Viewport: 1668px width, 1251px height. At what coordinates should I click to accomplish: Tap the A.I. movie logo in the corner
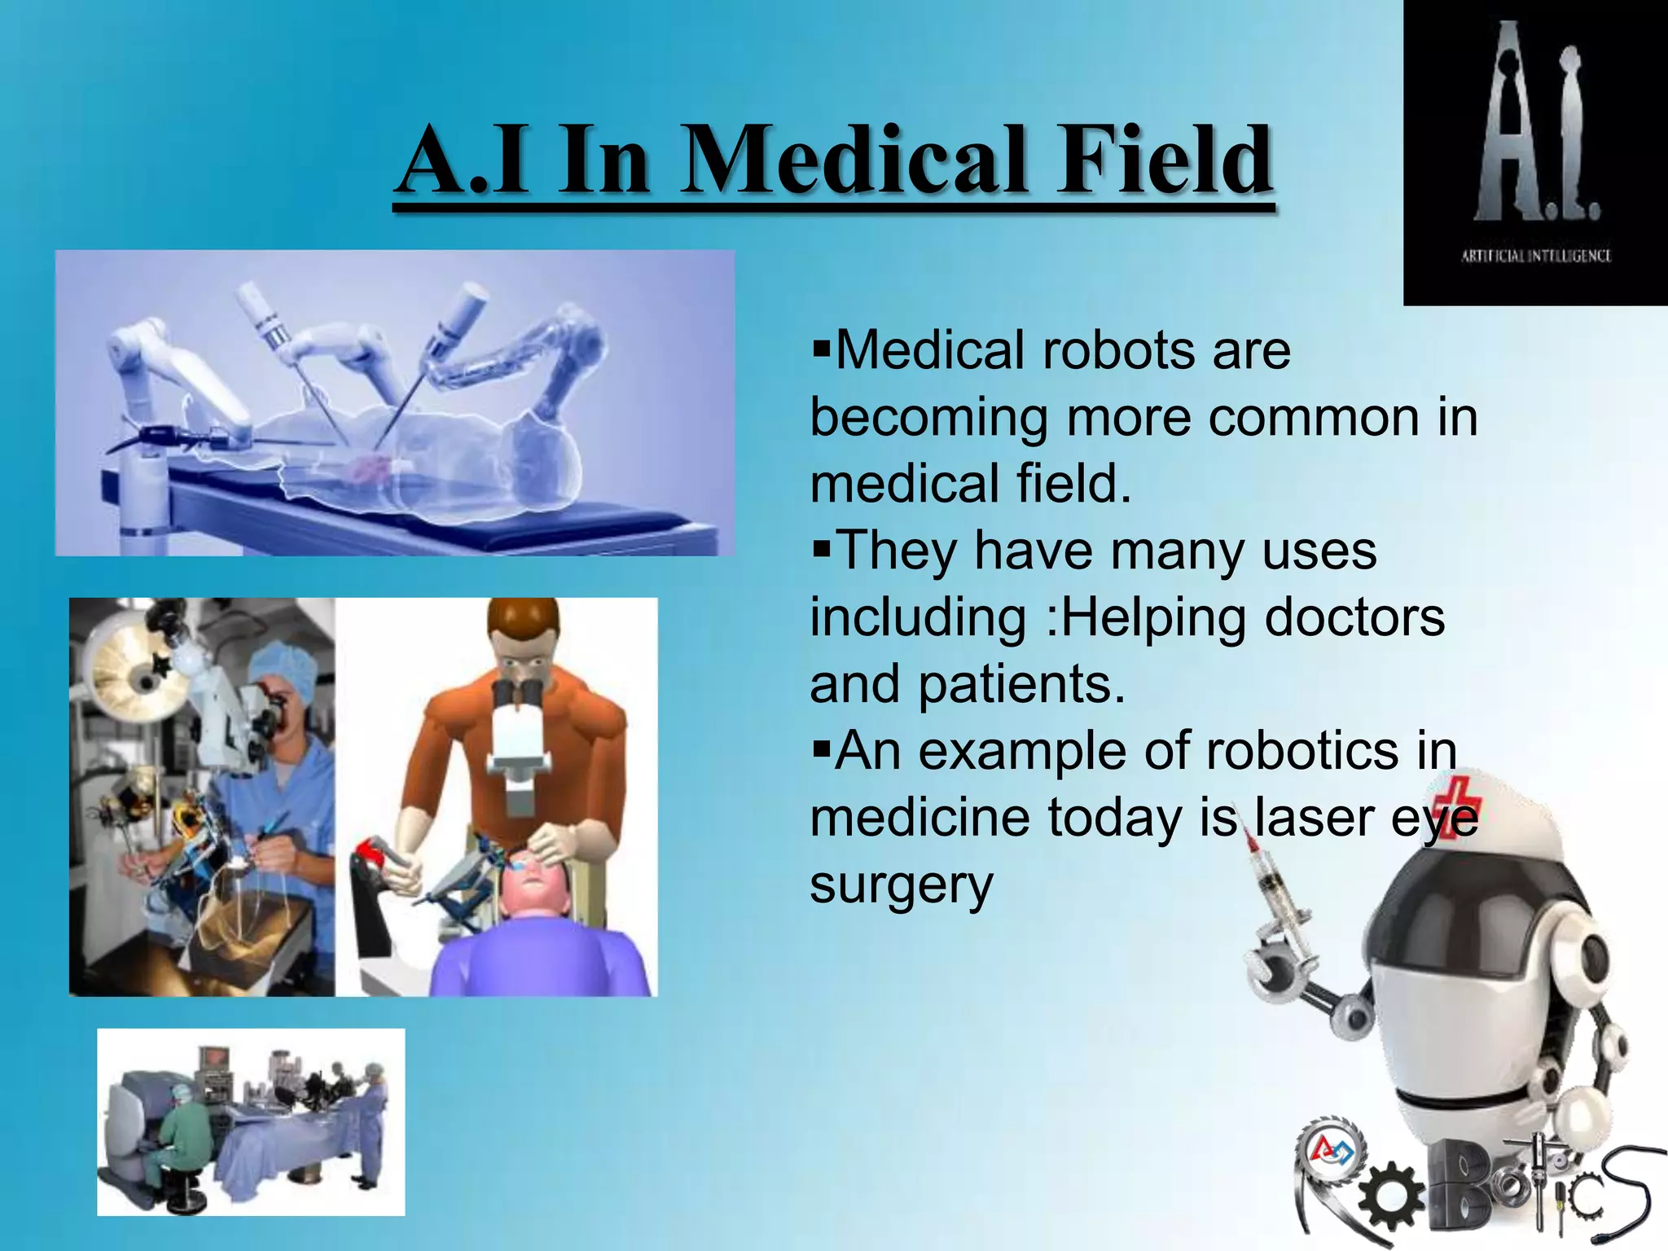click(1536, 122)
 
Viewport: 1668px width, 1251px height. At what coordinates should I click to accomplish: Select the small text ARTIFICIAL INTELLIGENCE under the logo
click(1536, 256)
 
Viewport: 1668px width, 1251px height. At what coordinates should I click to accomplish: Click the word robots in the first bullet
click(1119, 351)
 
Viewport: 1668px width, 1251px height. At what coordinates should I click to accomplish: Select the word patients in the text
click(1021, 684)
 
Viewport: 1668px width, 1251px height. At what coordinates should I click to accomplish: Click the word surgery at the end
click(902, 885)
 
